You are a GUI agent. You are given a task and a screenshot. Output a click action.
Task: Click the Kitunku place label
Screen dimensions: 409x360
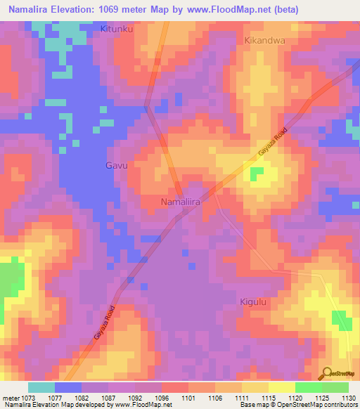117,30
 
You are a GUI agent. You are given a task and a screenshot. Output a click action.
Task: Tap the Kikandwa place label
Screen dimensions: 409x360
264,41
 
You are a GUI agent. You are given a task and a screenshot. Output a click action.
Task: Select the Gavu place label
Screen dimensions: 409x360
116,166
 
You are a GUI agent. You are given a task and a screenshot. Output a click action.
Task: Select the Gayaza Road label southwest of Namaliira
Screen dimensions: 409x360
104,325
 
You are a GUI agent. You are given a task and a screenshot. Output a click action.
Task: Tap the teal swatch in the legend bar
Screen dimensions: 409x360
41,387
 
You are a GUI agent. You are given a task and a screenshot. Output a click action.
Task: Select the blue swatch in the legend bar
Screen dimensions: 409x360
67,387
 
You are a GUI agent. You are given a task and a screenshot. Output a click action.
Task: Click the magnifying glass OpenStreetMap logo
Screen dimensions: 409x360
326,373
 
